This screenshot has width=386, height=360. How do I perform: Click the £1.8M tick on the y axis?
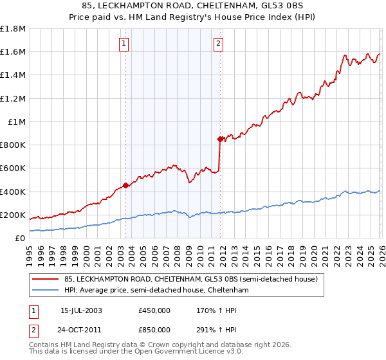click(x=14, y=29)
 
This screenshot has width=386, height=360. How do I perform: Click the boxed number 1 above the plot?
click(x=123, y=44)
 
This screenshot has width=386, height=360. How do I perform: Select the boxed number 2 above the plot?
click(x=218, y=44)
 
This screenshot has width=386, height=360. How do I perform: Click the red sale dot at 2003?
click(x=126, y=186)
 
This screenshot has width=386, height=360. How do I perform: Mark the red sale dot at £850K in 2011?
click(x=220, y=139)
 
